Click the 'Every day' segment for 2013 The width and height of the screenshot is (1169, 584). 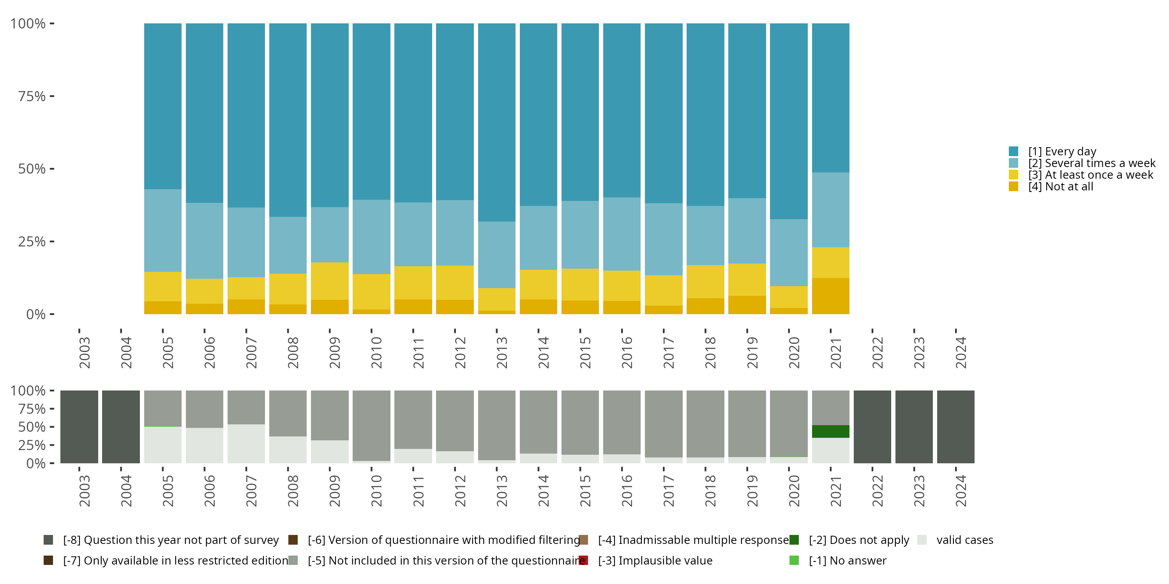pyautogui.click(x=496, y=122)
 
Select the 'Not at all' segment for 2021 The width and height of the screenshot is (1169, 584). pyautogui.click(x=830, y=296)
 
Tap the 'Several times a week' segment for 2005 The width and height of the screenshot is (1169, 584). pyautogui.click(x=162, y=230)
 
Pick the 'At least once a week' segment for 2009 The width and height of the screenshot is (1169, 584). pyautogui.click(x=329, y=281)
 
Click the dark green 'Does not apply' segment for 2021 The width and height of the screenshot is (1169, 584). pyautogui.click(x=830, y=431)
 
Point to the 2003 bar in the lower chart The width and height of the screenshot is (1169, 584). pyautogui.click(x=79, y=427)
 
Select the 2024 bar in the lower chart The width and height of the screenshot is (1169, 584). pyautogui.click(x=956, y=427)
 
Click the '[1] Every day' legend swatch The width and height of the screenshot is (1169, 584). pyautogui.click(x=1014, y=151)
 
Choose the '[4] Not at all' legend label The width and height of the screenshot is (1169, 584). pyautogui.click(x=1061, y=187)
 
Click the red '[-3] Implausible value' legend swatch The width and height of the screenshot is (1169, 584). pyautogui.click(x=584, y=560)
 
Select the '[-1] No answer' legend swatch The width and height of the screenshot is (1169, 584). pyautogui.click(x=794, y=560)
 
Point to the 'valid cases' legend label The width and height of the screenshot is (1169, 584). pyautogui.click(x=965, y=540)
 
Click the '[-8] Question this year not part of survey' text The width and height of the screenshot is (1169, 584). pyautogui.click(x=171, y=540)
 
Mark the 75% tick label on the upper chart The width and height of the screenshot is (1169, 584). pyautogui.click(x=32, y=96)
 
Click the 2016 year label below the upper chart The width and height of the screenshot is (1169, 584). pyautogui.click(x=627, y=352)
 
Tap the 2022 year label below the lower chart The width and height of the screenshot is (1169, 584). pyautogui.click(x=877, y=491)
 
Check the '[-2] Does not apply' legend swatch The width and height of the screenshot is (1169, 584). pyautogui.click(x=794, y=540)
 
